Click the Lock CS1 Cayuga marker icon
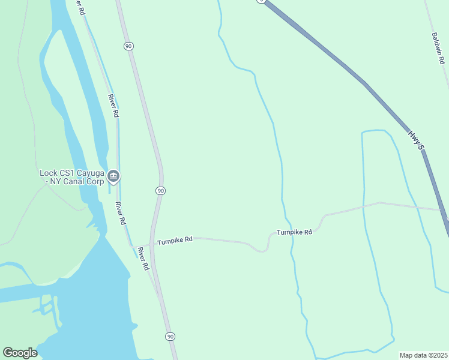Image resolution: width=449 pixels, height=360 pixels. tap(113, 176)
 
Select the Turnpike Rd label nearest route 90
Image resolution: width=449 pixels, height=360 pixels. tap(175, 240)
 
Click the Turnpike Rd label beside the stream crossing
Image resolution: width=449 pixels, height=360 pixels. tap(294, 232)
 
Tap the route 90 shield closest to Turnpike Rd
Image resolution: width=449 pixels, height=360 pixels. tap(160, 190)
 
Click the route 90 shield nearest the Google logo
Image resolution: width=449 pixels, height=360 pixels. tap(170, 336)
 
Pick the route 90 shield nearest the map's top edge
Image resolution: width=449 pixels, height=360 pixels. tap(128, 46)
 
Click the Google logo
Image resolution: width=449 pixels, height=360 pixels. tap(20, 353)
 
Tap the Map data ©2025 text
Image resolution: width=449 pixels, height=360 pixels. tap(424, 355)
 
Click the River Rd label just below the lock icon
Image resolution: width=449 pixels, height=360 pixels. tap(121, 213)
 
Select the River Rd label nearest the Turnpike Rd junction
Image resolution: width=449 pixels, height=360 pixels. tap(143, 258)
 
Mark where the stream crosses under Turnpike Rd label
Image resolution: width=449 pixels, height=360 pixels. tap(292, 238)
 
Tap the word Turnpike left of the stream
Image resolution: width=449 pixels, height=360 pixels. tap(287, 232)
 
